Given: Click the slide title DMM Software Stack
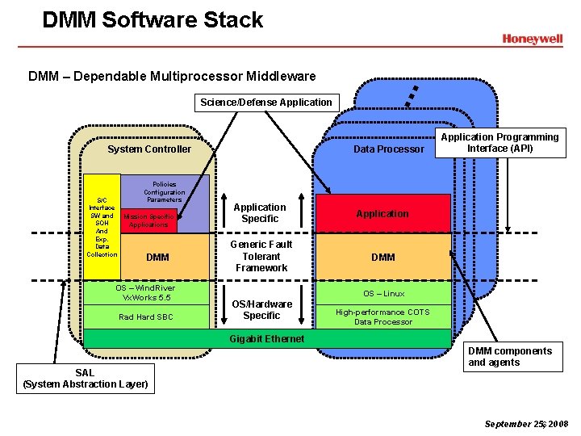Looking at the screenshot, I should [153, 19].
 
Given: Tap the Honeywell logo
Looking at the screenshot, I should [532, 39].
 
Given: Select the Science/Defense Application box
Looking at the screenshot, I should [266, 103].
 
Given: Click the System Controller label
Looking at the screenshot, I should [149, 149].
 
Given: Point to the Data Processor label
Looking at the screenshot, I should [388, 149].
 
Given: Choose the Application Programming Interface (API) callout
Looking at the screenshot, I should [499, 143].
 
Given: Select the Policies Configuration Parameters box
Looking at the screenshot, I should [164, 192].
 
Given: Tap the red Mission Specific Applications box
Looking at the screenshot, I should [148, 221].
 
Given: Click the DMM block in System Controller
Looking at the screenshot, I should [158, 258].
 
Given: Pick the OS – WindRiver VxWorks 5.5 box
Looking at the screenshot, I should [145, 292].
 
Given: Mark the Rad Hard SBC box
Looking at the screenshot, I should [145, 317].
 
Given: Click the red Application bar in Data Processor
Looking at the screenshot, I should [382, 214].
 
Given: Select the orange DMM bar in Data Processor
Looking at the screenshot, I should [382, 257].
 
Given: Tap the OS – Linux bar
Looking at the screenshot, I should [383, 293].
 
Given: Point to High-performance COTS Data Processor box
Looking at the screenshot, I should [383, 317].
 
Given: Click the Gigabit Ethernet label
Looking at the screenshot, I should [266, 338].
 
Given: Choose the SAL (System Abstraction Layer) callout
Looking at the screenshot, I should [85, 378].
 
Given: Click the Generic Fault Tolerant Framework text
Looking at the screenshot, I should [261, 256].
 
